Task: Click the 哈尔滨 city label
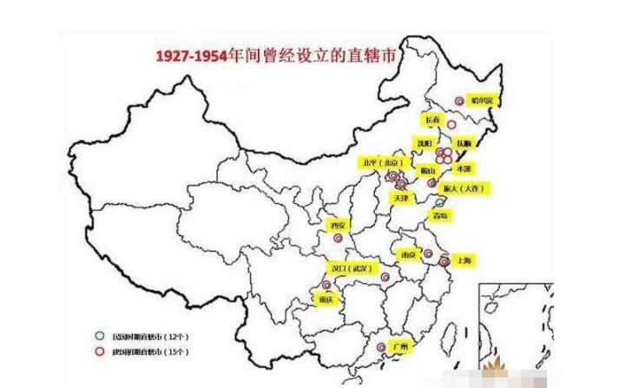[481, 101]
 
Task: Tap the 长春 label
[431, 119]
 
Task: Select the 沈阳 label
[424, 142]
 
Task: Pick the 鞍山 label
[426, 170]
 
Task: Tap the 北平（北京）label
[383, 162]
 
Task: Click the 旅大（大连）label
[467, 188]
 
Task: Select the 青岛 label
[441, 215]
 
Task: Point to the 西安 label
[337, 226]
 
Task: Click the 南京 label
[408, 254]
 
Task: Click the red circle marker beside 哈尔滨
[460, 101]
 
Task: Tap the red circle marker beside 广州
[383, 348]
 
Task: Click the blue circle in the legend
[100, 334]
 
